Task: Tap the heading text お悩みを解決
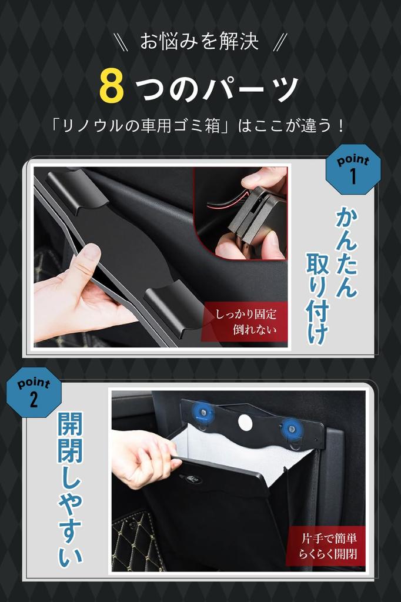pos(199,42)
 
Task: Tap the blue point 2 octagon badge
pos(34,392)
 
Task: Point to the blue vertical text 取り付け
pos(318,298)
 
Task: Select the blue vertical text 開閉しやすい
pos(71,489)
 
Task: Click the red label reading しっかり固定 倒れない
pos(245,322)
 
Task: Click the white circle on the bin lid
pos(245,422)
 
